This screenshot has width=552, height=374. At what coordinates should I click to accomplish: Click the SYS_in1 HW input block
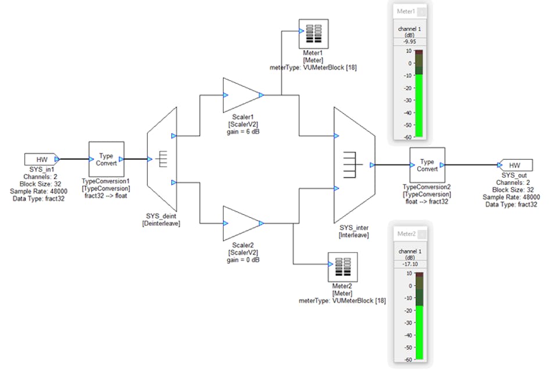pyautogui.click(x=40, y=159)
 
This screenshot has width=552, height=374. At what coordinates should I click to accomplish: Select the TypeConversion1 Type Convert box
pyautogui.click(x=106, y=159)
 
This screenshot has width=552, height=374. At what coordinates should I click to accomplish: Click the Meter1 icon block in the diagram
pyautogui.click(x=313, y=34)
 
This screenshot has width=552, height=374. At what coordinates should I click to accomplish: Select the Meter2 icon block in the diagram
pyautogui.click(x=342, y=268)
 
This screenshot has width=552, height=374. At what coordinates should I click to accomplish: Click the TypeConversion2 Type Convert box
pyautogui.click(x=426, y=165)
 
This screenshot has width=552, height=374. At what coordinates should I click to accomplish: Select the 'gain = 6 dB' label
pyautogui.click(x=242, y=132)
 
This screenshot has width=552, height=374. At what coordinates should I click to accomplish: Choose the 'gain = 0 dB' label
pyautogui.click(x=242, y=260)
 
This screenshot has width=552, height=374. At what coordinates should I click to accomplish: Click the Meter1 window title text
pyautogui.click(x=406, y=11)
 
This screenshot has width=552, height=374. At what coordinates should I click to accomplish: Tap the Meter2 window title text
pyautogui.click(x=406, y=234)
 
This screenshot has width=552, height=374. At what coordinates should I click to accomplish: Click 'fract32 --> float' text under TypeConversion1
pyautogui.click(x=106, y=195)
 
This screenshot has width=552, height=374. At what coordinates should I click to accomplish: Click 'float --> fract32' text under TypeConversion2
pyautogui.click(x=426, y=201)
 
